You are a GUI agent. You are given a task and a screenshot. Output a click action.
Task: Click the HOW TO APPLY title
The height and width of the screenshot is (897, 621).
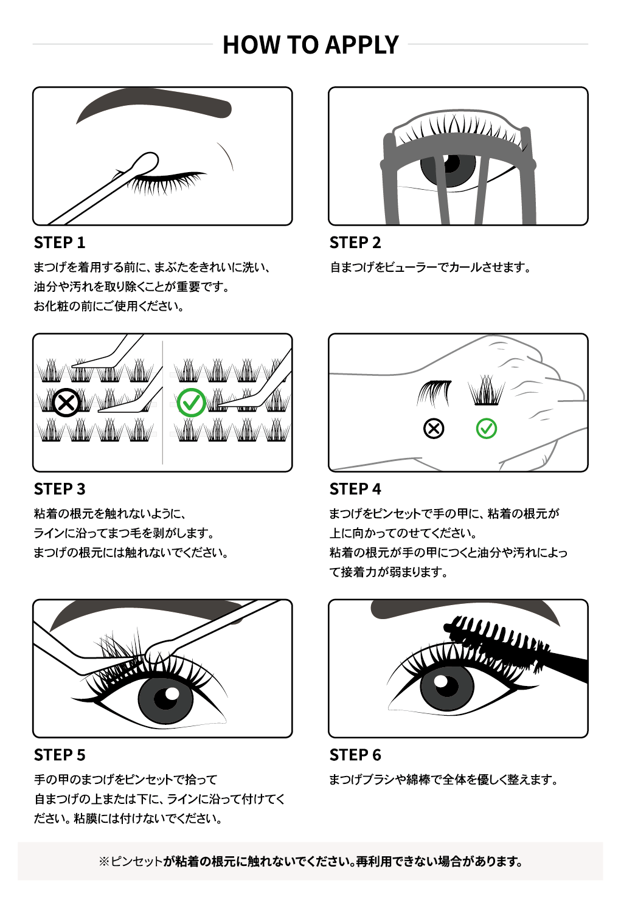[311, 44]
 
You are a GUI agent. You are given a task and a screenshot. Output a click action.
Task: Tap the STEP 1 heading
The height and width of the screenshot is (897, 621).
[60, 243]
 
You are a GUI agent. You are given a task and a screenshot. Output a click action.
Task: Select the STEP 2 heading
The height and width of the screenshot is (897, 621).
[355, 243]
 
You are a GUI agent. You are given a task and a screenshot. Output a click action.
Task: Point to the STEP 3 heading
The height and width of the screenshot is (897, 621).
[60, 489]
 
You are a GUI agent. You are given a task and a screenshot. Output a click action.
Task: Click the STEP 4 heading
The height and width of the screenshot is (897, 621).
[355, 489]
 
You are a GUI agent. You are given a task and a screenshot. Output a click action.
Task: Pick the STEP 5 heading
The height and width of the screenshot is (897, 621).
[60, 755]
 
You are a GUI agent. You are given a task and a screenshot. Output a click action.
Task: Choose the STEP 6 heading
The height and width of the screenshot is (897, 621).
[355, 755]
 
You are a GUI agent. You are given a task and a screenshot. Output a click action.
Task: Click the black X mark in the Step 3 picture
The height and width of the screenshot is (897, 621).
[66, 403]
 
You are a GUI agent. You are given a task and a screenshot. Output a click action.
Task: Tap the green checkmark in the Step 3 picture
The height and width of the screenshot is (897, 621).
[192, 403]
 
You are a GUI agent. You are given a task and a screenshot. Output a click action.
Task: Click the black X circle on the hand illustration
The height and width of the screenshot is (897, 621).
[434, 429]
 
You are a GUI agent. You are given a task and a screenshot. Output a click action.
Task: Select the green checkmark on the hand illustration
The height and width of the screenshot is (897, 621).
[487, 429]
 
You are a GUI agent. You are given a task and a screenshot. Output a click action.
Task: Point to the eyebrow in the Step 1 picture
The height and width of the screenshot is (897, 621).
[154, 105]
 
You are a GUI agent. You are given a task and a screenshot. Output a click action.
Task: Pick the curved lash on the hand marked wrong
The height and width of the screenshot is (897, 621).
[434, 392]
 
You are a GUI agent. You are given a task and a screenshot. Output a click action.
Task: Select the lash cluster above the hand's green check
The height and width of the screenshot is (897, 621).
[487, 390]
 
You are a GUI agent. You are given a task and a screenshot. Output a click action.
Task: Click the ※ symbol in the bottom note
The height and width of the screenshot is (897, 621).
[103, 862]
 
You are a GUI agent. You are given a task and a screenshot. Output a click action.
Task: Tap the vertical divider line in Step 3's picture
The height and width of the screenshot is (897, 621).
[162, 403]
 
